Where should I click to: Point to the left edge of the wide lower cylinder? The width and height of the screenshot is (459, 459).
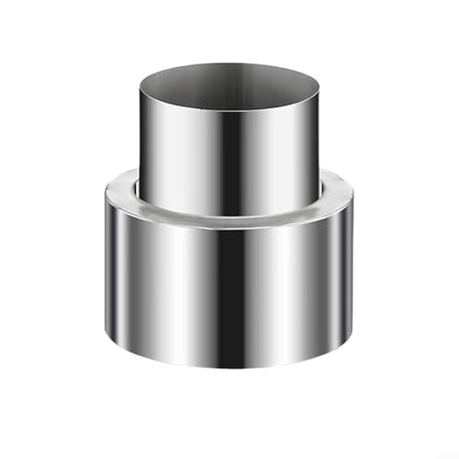point(106,275)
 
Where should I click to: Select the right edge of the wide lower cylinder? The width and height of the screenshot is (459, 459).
point(353,275)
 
